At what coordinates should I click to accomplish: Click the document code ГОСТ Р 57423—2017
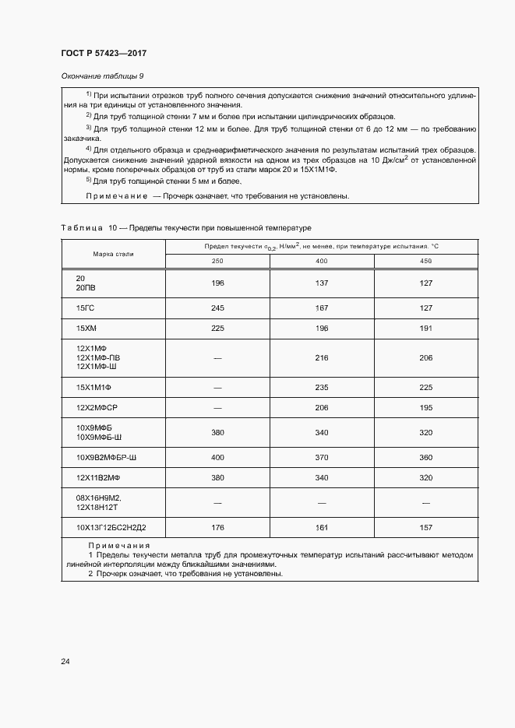click(104, 54)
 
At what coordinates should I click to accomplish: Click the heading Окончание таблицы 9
click(101, 76)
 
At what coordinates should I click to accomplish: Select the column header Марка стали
click(112, 253)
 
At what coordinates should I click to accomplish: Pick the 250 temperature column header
click(217, 260)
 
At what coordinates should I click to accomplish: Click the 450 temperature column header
click(425, 260)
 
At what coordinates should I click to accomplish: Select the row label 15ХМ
click(86, 329)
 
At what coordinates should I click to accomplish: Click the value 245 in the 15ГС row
click(217, 308)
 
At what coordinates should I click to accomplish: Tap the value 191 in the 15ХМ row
click(425, 329)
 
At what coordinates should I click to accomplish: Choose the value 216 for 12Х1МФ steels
click(321, 357)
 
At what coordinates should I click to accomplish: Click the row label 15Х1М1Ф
click(94, 387)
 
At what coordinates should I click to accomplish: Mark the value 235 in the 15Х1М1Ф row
click(321, 387)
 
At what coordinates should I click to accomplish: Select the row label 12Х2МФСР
click(96, 408)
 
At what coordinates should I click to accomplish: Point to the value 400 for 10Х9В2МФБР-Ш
click(217, 456)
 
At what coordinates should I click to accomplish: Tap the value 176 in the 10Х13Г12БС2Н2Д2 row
click(217, 528)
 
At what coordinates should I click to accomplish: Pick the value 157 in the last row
click(425, 528)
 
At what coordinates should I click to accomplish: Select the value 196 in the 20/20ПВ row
click(217, 283)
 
